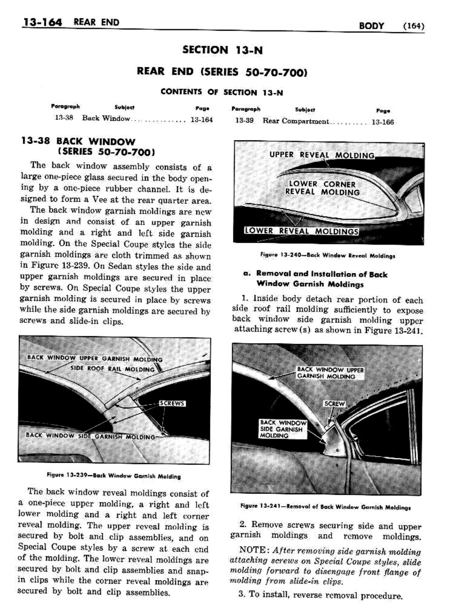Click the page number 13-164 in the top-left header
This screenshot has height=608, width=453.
point(42,22)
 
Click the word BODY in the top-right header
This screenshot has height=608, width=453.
point(371,26)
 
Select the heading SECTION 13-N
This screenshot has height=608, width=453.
point(222,50)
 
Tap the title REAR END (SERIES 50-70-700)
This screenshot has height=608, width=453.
point(222,71)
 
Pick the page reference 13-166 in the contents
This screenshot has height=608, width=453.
point(382,122)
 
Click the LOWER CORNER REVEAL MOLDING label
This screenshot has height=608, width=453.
point(322,188)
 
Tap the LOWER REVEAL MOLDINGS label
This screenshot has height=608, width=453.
point(302,231)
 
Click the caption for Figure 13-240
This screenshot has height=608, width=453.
point(328,255)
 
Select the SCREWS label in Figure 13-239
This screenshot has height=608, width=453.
point(172,403)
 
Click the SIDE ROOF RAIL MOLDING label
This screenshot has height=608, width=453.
point(113,369)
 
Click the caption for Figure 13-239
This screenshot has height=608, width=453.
point(113,476)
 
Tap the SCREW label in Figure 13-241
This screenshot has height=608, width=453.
point(334,404)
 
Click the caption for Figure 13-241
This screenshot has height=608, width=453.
point(325,507)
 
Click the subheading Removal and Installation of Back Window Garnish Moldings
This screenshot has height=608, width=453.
point(321,279)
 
